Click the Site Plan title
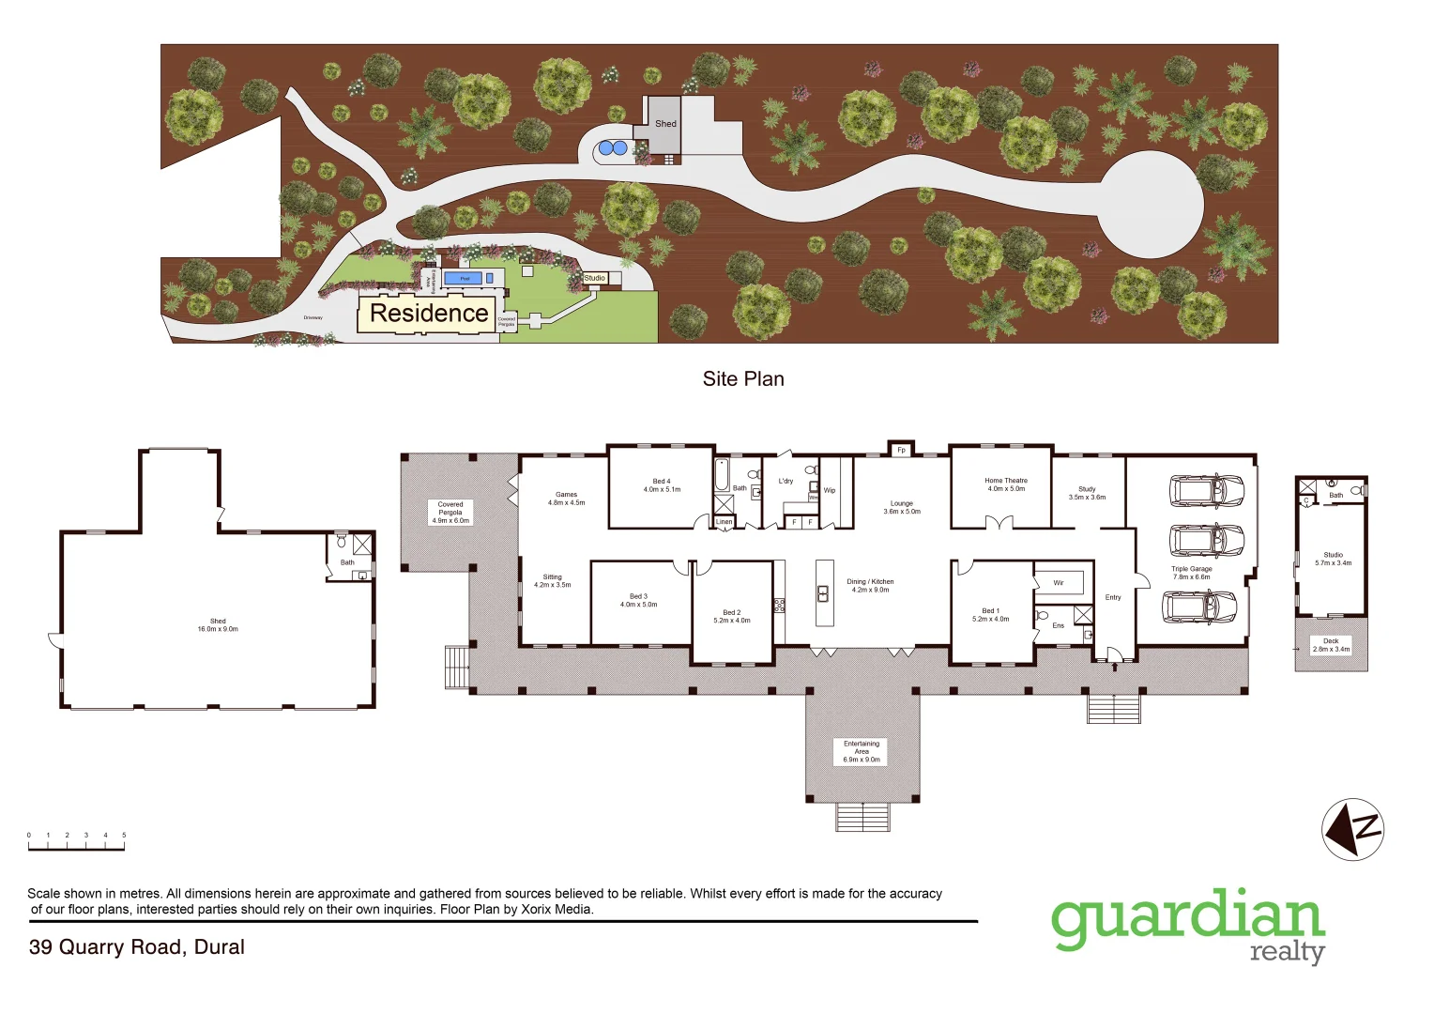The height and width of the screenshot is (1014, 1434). coord(743,379)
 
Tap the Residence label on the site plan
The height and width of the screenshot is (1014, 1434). coord(429,314)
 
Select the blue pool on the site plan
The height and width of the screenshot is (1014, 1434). coord(464,278)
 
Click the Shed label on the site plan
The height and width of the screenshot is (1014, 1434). coord(665,124)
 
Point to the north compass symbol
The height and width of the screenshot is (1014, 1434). coord(1352,829)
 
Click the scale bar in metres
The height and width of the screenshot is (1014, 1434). coord(76,845)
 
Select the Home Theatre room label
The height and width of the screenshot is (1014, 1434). coord(1005,484)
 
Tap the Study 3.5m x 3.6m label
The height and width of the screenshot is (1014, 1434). coord(1087,493)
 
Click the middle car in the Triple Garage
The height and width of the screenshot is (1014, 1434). coord(1206,541)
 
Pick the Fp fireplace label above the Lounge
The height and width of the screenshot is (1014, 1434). coord(901,450)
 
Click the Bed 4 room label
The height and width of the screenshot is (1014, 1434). coord(662,485)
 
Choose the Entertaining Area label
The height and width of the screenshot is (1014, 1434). coord(862,751)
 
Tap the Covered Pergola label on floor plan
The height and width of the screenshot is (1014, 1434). coord(450,513)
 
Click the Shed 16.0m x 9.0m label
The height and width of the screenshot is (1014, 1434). coord(218,624)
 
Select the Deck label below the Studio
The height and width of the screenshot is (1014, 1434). coord(1331,645)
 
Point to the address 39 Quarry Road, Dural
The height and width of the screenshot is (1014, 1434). coord(137,947)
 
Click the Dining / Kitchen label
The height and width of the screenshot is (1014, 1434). coord(870,586)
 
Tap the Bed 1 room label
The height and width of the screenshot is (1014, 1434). coord(990,615)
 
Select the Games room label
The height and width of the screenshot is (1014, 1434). coord(566,499)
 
